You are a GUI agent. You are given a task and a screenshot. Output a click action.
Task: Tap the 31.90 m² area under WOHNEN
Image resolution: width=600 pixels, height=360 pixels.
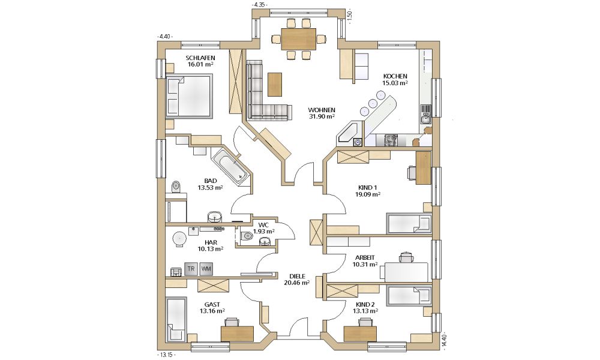(322, 116)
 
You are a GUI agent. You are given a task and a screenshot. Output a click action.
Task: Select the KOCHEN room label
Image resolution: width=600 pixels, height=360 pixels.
(395, 76)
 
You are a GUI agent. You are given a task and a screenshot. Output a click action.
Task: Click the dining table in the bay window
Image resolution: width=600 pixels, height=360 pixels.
(299, 39)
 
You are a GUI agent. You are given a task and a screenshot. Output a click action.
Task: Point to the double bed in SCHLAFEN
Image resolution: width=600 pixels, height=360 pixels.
(188, 95)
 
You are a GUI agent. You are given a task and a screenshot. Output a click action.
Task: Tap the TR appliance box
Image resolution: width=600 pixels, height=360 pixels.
(191, 269)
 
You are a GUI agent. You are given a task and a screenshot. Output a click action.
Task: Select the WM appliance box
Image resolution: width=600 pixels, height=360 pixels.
(206, 269)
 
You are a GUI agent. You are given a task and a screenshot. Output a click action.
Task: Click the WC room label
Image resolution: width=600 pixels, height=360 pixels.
(263, 225)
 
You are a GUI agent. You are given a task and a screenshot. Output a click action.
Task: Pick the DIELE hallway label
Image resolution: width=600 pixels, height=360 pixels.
(297, 276)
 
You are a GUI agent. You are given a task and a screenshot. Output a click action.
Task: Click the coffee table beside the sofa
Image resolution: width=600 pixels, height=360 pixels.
(274, 85)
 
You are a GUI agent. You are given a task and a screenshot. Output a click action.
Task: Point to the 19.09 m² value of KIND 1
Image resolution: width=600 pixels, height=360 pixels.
(367, 194)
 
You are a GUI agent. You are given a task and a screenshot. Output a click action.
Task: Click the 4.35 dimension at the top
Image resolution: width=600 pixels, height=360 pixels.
(259, 5)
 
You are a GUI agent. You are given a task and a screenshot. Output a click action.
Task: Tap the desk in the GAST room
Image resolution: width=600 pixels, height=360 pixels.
(237, 333)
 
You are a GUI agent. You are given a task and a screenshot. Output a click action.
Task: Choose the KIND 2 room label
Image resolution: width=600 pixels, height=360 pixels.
(365, 305)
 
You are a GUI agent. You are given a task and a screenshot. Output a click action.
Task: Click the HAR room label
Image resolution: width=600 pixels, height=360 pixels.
(211, 242)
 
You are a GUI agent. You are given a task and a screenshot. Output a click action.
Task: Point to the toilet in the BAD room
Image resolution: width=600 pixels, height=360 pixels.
(175, 187)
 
